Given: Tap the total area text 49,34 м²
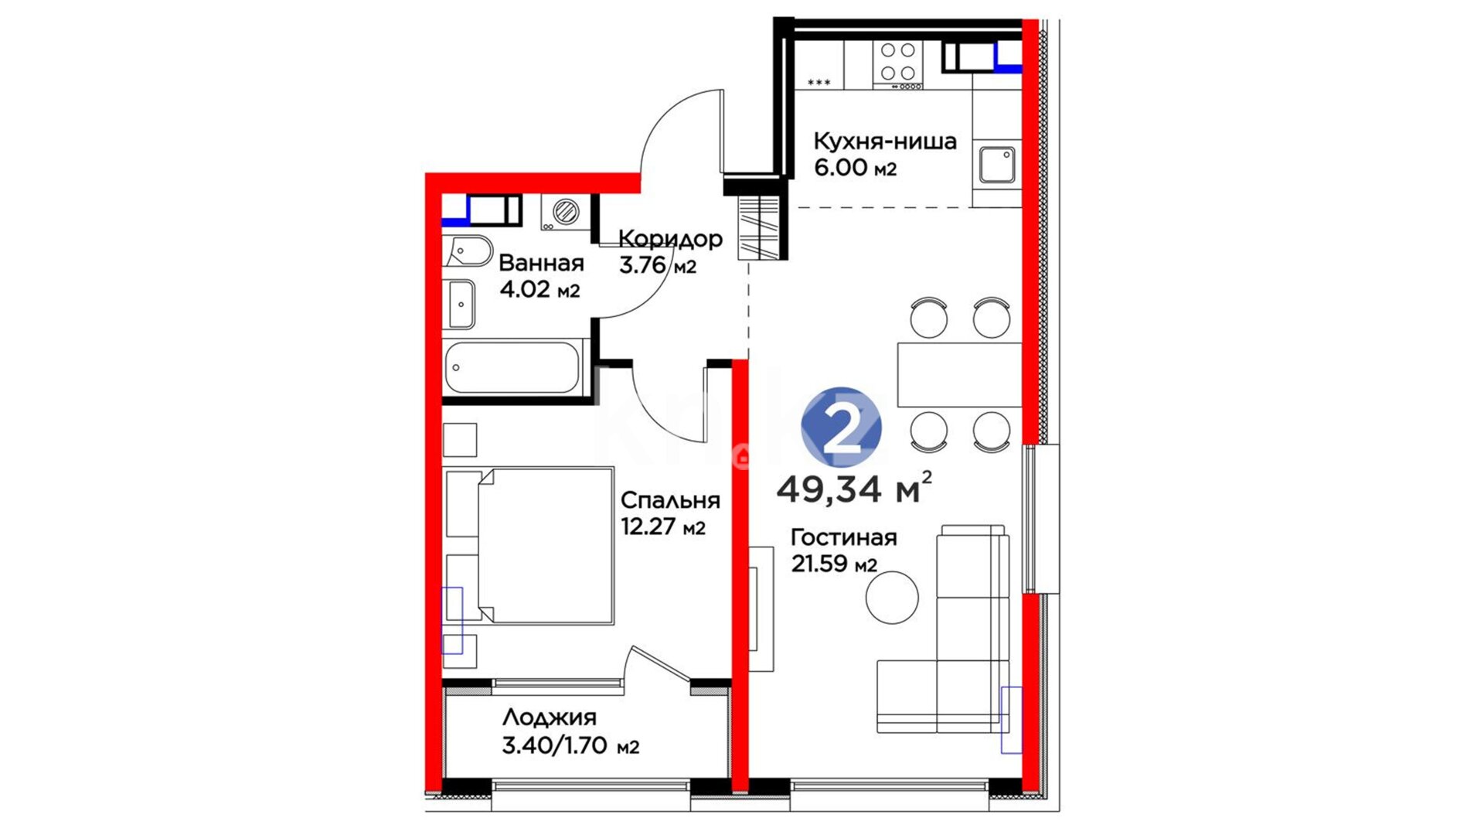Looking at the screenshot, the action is click(854, 488).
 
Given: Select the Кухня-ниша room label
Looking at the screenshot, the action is click(885, 141).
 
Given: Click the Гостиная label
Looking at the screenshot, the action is click(843, 537).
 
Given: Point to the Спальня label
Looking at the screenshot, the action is click(670, 500).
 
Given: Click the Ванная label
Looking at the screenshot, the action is click(541, 263).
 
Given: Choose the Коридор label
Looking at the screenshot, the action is click(670, 239).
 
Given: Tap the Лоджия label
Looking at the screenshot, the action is click(550, 717).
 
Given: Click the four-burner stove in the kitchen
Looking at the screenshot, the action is click(898, 65).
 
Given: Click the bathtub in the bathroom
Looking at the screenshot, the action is click(512, 368).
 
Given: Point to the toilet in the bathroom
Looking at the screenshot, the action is click(468, 250).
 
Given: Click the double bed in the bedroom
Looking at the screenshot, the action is click(545, 546).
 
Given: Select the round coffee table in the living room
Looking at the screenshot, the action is click(892, 598).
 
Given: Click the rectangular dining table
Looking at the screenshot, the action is click(959, 375).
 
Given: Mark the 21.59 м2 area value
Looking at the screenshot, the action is click(834, 564).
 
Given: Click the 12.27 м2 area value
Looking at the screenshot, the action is click(663, 527).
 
